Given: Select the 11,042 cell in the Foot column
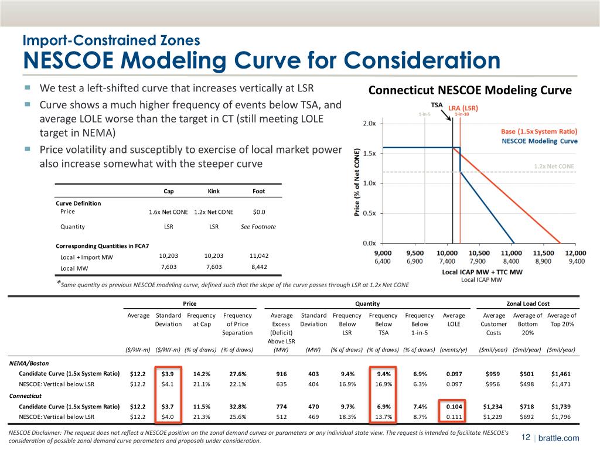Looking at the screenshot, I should (x=258, y=255).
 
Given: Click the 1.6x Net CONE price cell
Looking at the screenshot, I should (x=168, y=212).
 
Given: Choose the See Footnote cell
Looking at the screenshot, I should (x=258, y=227).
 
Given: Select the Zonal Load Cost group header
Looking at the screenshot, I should (x=528, y=304).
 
